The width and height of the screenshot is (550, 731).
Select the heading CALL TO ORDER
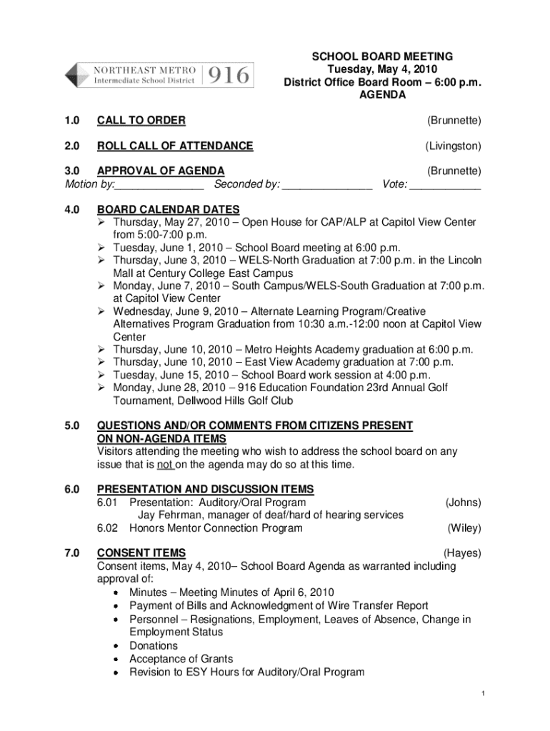point(141,120)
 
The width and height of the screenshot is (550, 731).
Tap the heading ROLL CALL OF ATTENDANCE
point(175,146)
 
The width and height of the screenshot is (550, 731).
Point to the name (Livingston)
point(454,146)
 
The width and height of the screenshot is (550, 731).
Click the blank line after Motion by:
point(159,186)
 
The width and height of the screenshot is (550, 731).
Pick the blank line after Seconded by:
point(327,186)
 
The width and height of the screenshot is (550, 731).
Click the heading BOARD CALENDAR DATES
point(169,210)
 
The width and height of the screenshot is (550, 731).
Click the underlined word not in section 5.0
point(166,465)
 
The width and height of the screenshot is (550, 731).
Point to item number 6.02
point(110,528)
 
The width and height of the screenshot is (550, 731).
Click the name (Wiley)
point(464,528)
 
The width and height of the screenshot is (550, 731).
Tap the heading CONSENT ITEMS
point(141,553)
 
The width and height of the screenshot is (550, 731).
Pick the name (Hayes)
point(462,553)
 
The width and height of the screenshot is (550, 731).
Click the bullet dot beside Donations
point(116,646)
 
